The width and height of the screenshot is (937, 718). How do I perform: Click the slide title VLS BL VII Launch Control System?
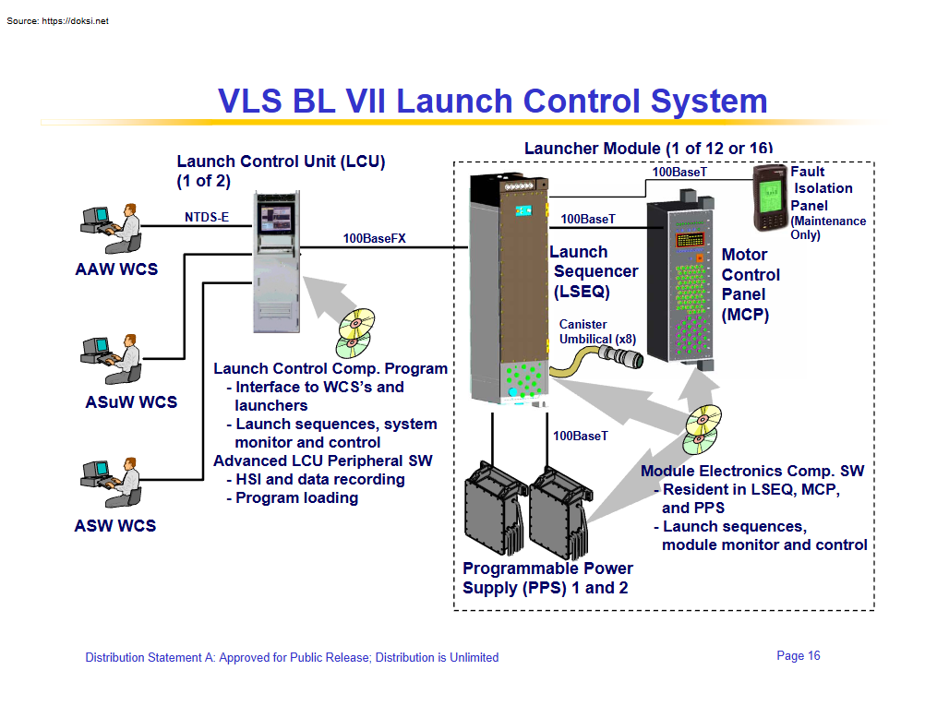point(492,101)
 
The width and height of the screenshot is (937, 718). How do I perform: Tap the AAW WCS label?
point(116,269)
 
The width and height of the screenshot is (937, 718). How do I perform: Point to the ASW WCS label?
point(115,526)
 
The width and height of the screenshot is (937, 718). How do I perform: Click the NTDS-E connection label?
point(207,218)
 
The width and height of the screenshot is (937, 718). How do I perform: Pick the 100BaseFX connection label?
point(374,238)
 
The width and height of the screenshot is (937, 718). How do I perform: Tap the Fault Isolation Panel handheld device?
point(770,197)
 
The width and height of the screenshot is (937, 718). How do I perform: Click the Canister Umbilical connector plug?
point(618,355)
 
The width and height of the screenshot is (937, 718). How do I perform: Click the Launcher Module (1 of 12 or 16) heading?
point(648,149)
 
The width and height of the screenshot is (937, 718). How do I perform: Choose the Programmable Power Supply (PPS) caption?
point(547,578)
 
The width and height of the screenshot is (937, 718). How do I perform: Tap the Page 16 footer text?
point(799,656)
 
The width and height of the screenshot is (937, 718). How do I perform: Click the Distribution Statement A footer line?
point(292,658)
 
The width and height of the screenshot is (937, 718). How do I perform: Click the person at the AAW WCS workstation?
point(127,228)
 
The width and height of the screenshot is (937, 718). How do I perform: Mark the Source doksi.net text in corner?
point(57,21)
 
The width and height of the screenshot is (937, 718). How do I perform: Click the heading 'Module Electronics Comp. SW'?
point(752,472)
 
